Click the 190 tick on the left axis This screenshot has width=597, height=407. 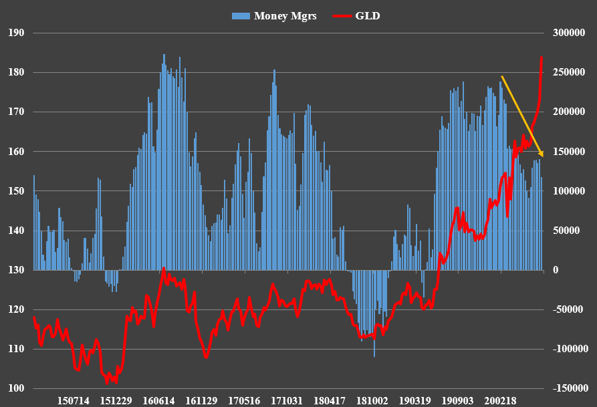17,33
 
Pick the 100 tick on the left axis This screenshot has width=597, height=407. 17,389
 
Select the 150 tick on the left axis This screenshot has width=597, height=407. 17,191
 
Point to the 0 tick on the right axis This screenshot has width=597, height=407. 555,271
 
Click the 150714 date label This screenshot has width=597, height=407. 74,401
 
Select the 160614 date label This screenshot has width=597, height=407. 159,401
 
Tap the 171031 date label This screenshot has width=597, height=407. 287,401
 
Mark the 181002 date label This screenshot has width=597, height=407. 372,401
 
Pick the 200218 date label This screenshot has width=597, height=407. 500,401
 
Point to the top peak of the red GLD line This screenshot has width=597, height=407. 541,57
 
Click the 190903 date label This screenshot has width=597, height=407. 457,401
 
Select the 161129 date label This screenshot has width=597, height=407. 202,401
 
